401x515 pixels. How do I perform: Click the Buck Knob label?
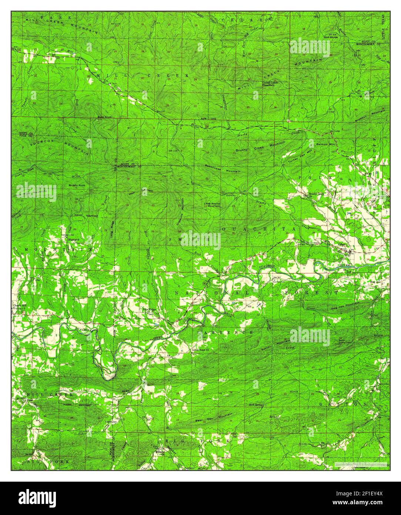104,117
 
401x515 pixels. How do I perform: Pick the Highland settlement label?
74,239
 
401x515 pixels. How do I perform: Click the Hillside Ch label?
160,452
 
